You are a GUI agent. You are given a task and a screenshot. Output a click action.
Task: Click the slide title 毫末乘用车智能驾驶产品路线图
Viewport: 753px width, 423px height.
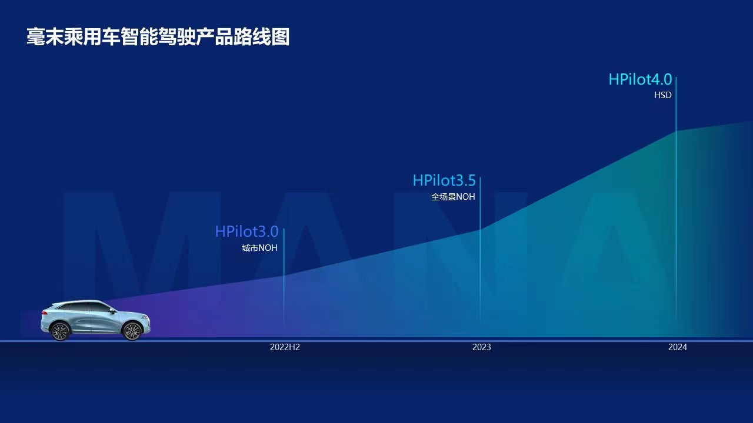click(158, 36)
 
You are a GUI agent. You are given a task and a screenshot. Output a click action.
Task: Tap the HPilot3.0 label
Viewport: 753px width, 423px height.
click(246, 231)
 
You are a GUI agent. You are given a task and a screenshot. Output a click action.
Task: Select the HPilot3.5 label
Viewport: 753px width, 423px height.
click(444, 180)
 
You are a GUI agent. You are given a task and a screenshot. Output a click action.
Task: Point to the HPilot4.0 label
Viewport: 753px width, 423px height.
click(640, 79)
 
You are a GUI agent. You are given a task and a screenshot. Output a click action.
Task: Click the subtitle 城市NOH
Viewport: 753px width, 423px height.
click(259, 248)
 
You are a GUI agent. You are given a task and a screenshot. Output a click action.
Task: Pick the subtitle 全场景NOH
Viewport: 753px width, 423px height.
click(453, 197)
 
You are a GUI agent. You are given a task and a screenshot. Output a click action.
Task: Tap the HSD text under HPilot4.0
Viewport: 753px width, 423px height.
click(662, 95)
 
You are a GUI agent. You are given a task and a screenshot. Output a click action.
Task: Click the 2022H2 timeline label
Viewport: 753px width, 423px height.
click(285, 347)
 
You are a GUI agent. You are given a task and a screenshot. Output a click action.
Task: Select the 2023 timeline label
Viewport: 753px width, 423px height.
click(481, 347)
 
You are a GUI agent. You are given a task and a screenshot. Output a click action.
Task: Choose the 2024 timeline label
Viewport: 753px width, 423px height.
click(677, 347)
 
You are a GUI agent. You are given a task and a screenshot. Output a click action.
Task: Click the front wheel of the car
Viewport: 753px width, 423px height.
click(132, 331)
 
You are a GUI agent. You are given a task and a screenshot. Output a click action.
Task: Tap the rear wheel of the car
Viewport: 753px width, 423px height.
click(60, 331)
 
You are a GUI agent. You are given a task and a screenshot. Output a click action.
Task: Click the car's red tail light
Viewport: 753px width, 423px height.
click(44, 313)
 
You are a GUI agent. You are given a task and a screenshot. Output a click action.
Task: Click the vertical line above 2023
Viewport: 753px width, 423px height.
click(481, 249)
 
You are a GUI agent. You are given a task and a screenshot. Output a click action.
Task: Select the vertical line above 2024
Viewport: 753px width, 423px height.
click(676, 199)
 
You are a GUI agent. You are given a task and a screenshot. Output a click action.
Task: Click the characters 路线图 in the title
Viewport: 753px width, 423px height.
click(262, 36)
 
